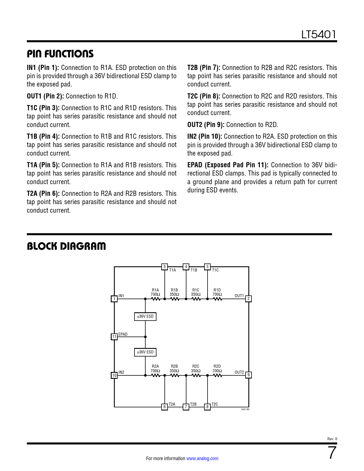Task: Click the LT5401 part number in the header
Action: [x=319, y=35]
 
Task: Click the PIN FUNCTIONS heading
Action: [x=60, y=54]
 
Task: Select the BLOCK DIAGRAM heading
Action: [x=66, y=246]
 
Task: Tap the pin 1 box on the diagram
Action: [x=114, y=299]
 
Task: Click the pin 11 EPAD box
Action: [x=114, y=337]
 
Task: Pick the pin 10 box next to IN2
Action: [x=114, y=375]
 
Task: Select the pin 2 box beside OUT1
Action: [x=249, y=299]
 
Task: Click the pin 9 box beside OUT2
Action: [x=249, y=375]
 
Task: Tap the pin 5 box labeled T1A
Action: [x=164, y=267]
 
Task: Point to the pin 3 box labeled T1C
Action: [x=208, y=267]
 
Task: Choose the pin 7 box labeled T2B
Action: [x=186, y=406]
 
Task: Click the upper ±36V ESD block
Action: [x=145, y=317]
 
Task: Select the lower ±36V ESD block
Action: [x=145, y=352]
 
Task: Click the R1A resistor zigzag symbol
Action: [x=156, y=299]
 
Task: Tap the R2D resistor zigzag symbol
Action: [x=217, y=375]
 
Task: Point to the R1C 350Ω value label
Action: [x=196, y=294]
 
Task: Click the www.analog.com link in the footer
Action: [x=202, y=458]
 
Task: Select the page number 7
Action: [x=332, y=453]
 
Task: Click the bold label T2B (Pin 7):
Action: [x=204, y=68]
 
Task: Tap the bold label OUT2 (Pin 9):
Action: [x=206, y=125]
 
